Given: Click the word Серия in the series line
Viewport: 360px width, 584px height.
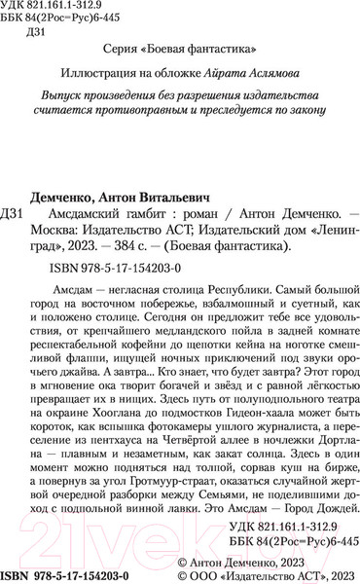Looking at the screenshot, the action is click(x=122, y=47).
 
